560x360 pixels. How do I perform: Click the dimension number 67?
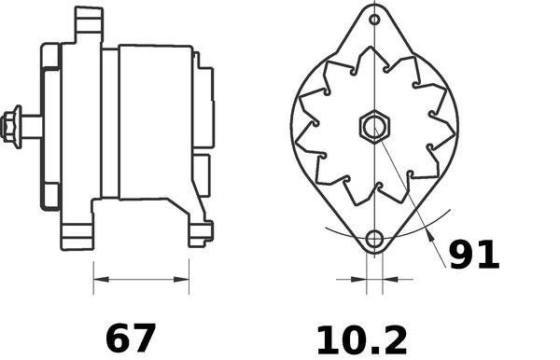(x=131, y=338)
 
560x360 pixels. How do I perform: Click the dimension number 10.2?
(x=362, y=340)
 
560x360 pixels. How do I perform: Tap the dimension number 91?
(x=473, y=255)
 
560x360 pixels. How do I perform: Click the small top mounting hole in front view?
(x=374, y=20)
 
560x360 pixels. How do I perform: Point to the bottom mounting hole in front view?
(x=374, y=239)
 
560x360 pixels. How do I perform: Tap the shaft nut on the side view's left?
(x=10, y=126)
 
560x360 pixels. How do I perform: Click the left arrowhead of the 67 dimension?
(x=101, y=279)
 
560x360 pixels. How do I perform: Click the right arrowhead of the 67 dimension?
(x=181, y=279)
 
